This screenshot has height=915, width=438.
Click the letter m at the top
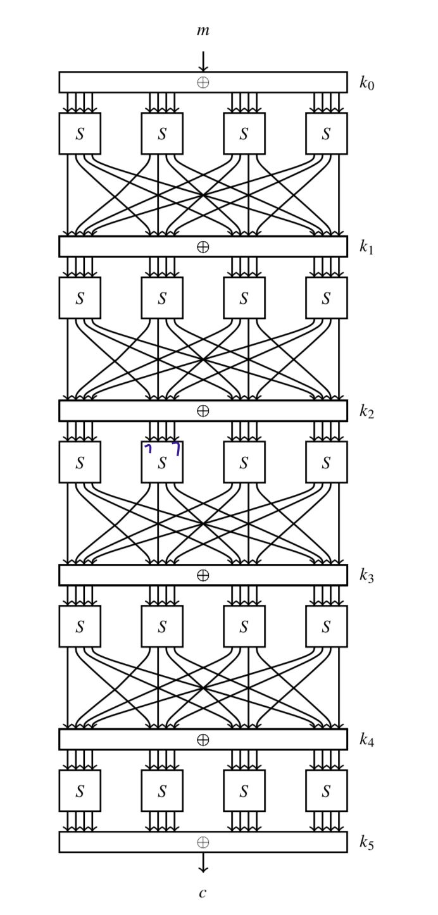203,30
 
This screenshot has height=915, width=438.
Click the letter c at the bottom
203,893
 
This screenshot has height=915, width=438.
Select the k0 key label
366,83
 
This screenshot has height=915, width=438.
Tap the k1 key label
366,247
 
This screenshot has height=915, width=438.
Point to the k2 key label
366,412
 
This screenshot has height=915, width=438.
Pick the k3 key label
366,575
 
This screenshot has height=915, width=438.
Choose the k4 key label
366,740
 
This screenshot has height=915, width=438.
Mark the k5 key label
366,842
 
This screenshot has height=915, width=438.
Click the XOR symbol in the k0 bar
203,82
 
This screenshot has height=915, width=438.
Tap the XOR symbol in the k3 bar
203,575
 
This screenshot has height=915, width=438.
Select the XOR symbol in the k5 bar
203,842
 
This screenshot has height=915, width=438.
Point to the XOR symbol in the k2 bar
203,411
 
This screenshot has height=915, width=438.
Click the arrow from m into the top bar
203,61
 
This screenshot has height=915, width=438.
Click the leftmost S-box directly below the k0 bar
80,134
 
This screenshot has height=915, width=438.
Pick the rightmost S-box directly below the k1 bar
326,298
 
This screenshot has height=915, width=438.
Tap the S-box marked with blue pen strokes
162,463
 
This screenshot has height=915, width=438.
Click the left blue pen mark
149,449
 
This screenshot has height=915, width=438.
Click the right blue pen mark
177,448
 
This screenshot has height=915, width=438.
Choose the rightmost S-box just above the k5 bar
326,791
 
